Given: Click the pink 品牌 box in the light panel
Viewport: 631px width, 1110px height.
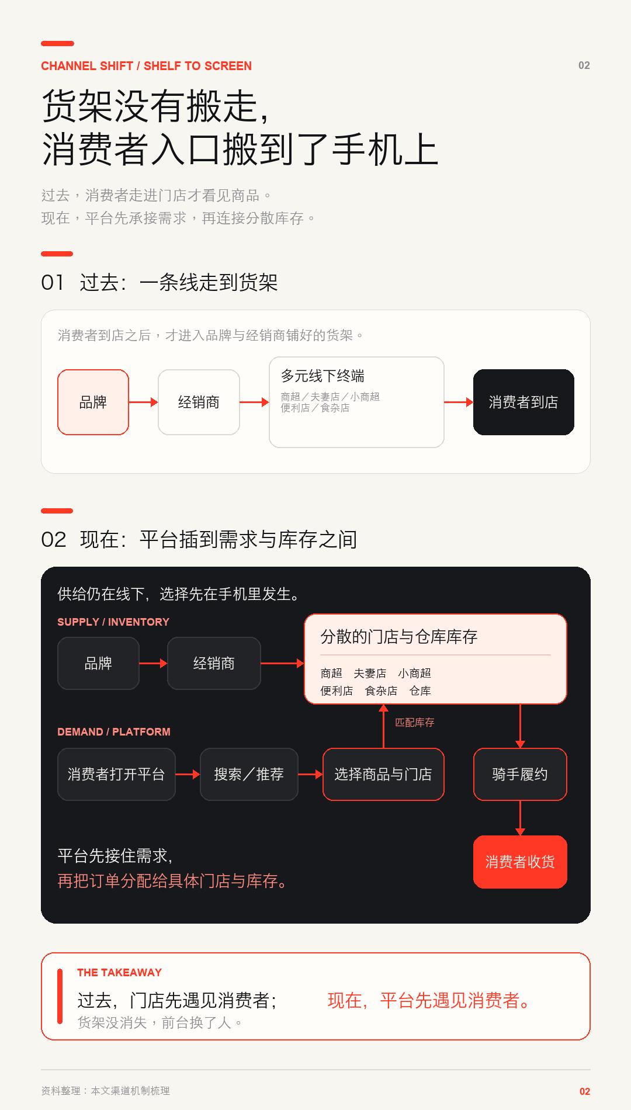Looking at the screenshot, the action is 93,402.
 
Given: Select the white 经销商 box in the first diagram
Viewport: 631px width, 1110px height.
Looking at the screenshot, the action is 199,402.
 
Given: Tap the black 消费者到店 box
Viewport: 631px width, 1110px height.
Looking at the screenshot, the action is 523,402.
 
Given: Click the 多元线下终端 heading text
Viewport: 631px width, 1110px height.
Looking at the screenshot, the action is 323,376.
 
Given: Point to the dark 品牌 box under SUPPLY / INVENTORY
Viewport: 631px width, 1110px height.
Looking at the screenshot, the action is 98,663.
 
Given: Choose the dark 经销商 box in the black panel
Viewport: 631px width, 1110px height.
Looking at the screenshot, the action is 214,663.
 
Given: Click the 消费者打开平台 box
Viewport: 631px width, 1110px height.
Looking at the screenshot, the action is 116,774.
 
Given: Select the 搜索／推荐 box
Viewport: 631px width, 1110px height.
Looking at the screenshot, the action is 249,774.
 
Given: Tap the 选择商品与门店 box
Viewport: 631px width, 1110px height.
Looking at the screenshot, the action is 383,774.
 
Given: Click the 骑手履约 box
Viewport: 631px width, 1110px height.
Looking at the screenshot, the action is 520,774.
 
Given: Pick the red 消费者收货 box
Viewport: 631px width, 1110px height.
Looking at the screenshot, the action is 520,862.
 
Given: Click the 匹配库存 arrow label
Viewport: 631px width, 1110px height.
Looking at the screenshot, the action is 415,723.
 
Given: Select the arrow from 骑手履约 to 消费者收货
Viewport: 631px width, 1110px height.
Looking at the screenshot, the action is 520,818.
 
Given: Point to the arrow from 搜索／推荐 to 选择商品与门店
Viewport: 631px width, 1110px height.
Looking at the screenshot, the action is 310,774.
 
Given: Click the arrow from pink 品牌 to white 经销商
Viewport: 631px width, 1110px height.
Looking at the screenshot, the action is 143,402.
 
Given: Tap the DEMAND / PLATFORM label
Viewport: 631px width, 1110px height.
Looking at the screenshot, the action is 114,731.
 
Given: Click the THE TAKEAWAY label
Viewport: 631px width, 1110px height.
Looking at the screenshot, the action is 119,972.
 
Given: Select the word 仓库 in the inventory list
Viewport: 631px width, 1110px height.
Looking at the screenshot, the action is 420,691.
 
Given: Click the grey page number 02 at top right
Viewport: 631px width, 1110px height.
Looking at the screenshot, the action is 584,65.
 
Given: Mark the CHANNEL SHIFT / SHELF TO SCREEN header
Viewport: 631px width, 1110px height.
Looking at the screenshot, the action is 146,66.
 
